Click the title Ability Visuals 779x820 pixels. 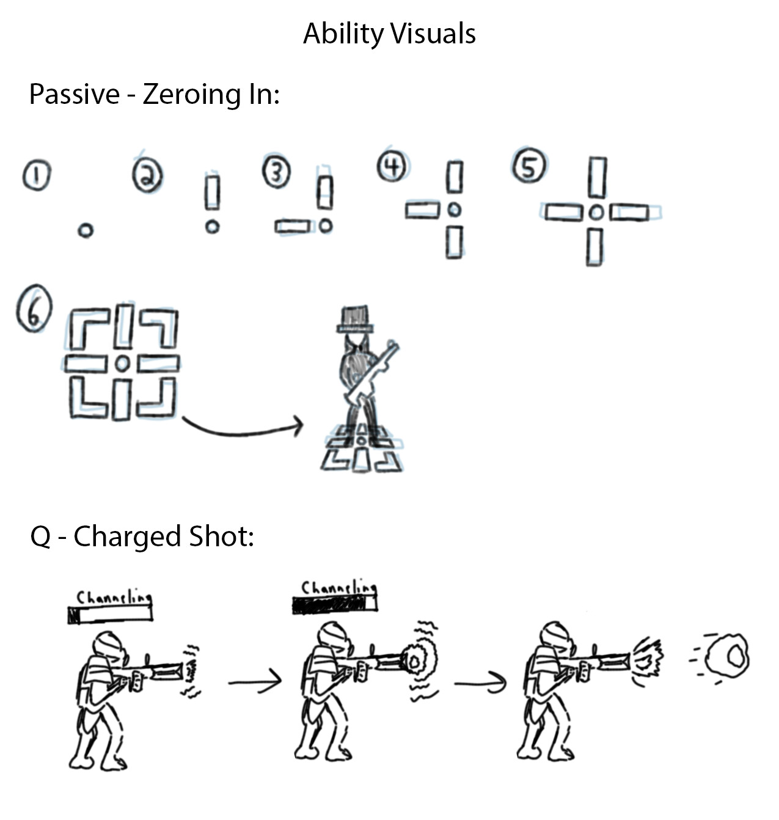389,34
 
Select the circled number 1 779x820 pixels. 36,176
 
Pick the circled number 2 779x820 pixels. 147,176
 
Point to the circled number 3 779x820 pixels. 276,172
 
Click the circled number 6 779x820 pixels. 34,309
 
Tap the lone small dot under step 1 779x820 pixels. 86,230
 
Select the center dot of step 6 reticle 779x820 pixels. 122,364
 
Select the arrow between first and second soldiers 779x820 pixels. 255,679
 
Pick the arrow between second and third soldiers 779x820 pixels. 480,681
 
